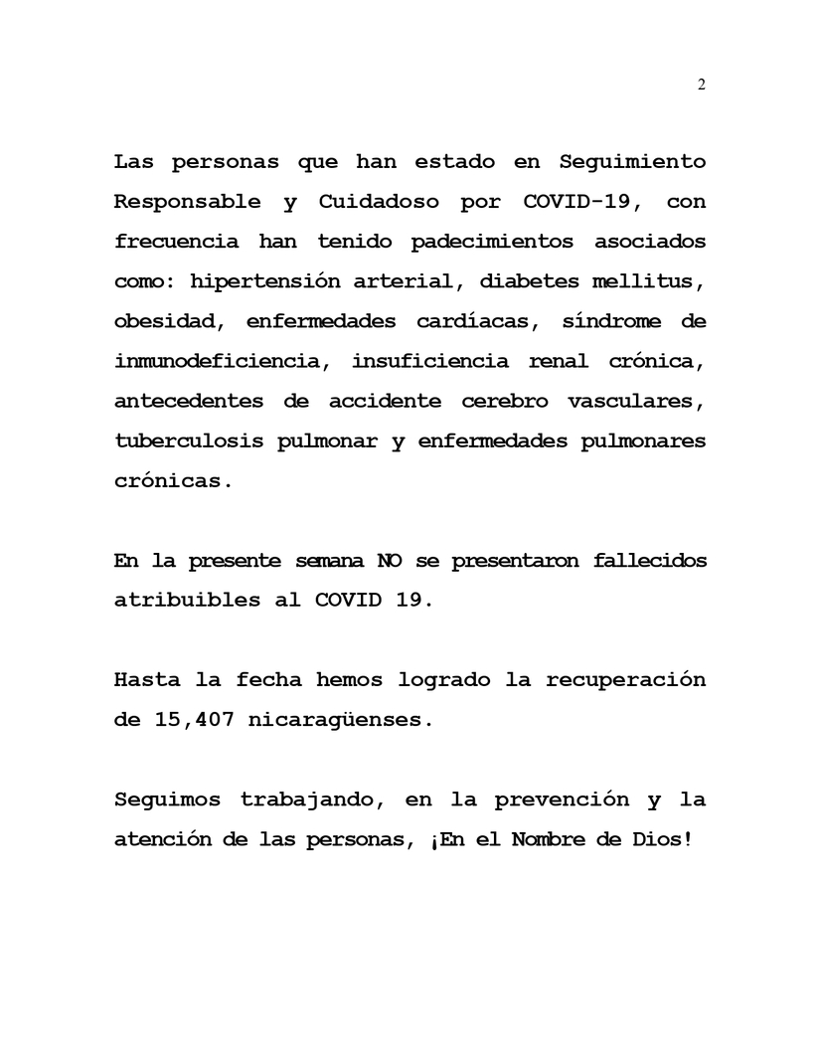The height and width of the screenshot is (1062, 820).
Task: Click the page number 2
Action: [x=701, y=85]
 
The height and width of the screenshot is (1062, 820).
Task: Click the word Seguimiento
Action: [x=632, y=161]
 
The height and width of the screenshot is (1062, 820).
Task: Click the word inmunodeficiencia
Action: [x=218, y=361]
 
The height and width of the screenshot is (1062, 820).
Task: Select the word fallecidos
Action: [x=649, y=561]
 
